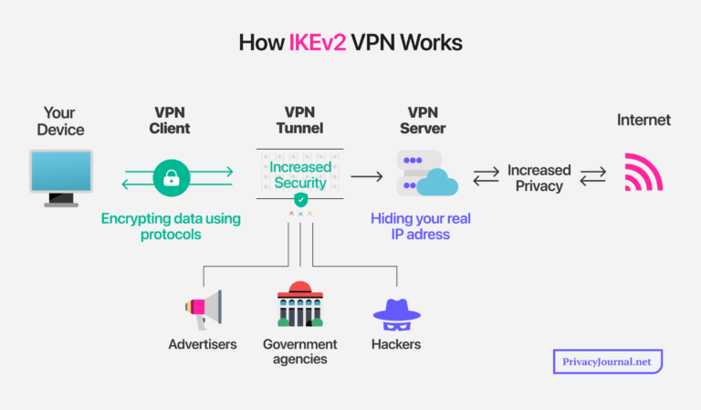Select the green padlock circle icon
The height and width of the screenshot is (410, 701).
click(x=171, y=179)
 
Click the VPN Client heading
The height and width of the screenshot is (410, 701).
click(x=172, y=121)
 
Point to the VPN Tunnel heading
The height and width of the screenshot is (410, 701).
click(x=299, y=121)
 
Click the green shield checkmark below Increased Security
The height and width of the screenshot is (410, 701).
click(x=300, y=199)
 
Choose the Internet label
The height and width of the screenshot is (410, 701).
click(x=643, y=121)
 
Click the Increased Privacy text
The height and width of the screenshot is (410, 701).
click(x=539, y=178)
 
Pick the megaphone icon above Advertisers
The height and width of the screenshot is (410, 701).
click(x=202, y=310)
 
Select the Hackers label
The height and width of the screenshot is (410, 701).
click(x=396, y=344)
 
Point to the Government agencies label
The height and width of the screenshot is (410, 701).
click(x=299, y=352)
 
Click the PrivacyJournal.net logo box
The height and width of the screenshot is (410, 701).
click(x=607, y=362)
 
